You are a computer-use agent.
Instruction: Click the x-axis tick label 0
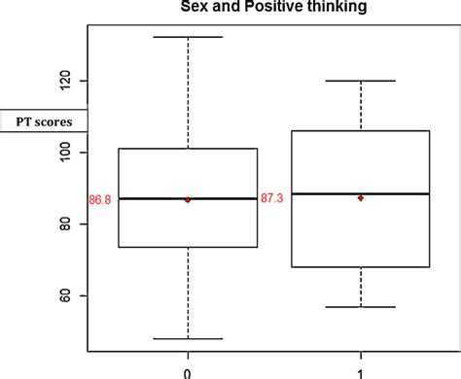coord(188,370)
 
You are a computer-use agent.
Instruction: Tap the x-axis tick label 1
coord(361,370)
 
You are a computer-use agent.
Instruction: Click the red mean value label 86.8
coord(100,199)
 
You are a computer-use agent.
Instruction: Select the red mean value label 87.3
coord(272,197)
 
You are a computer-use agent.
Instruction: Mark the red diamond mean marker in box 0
coord(188,199)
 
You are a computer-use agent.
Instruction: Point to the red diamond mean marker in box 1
coord(361,197)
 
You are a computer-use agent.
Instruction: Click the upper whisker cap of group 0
coord(188,37)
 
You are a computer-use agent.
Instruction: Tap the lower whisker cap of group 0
coord(188,339)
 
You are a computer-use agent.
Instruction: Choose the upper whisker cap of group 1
coord(361,81)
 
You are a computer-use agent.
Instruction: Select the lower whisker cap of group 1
coord(361,307)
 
